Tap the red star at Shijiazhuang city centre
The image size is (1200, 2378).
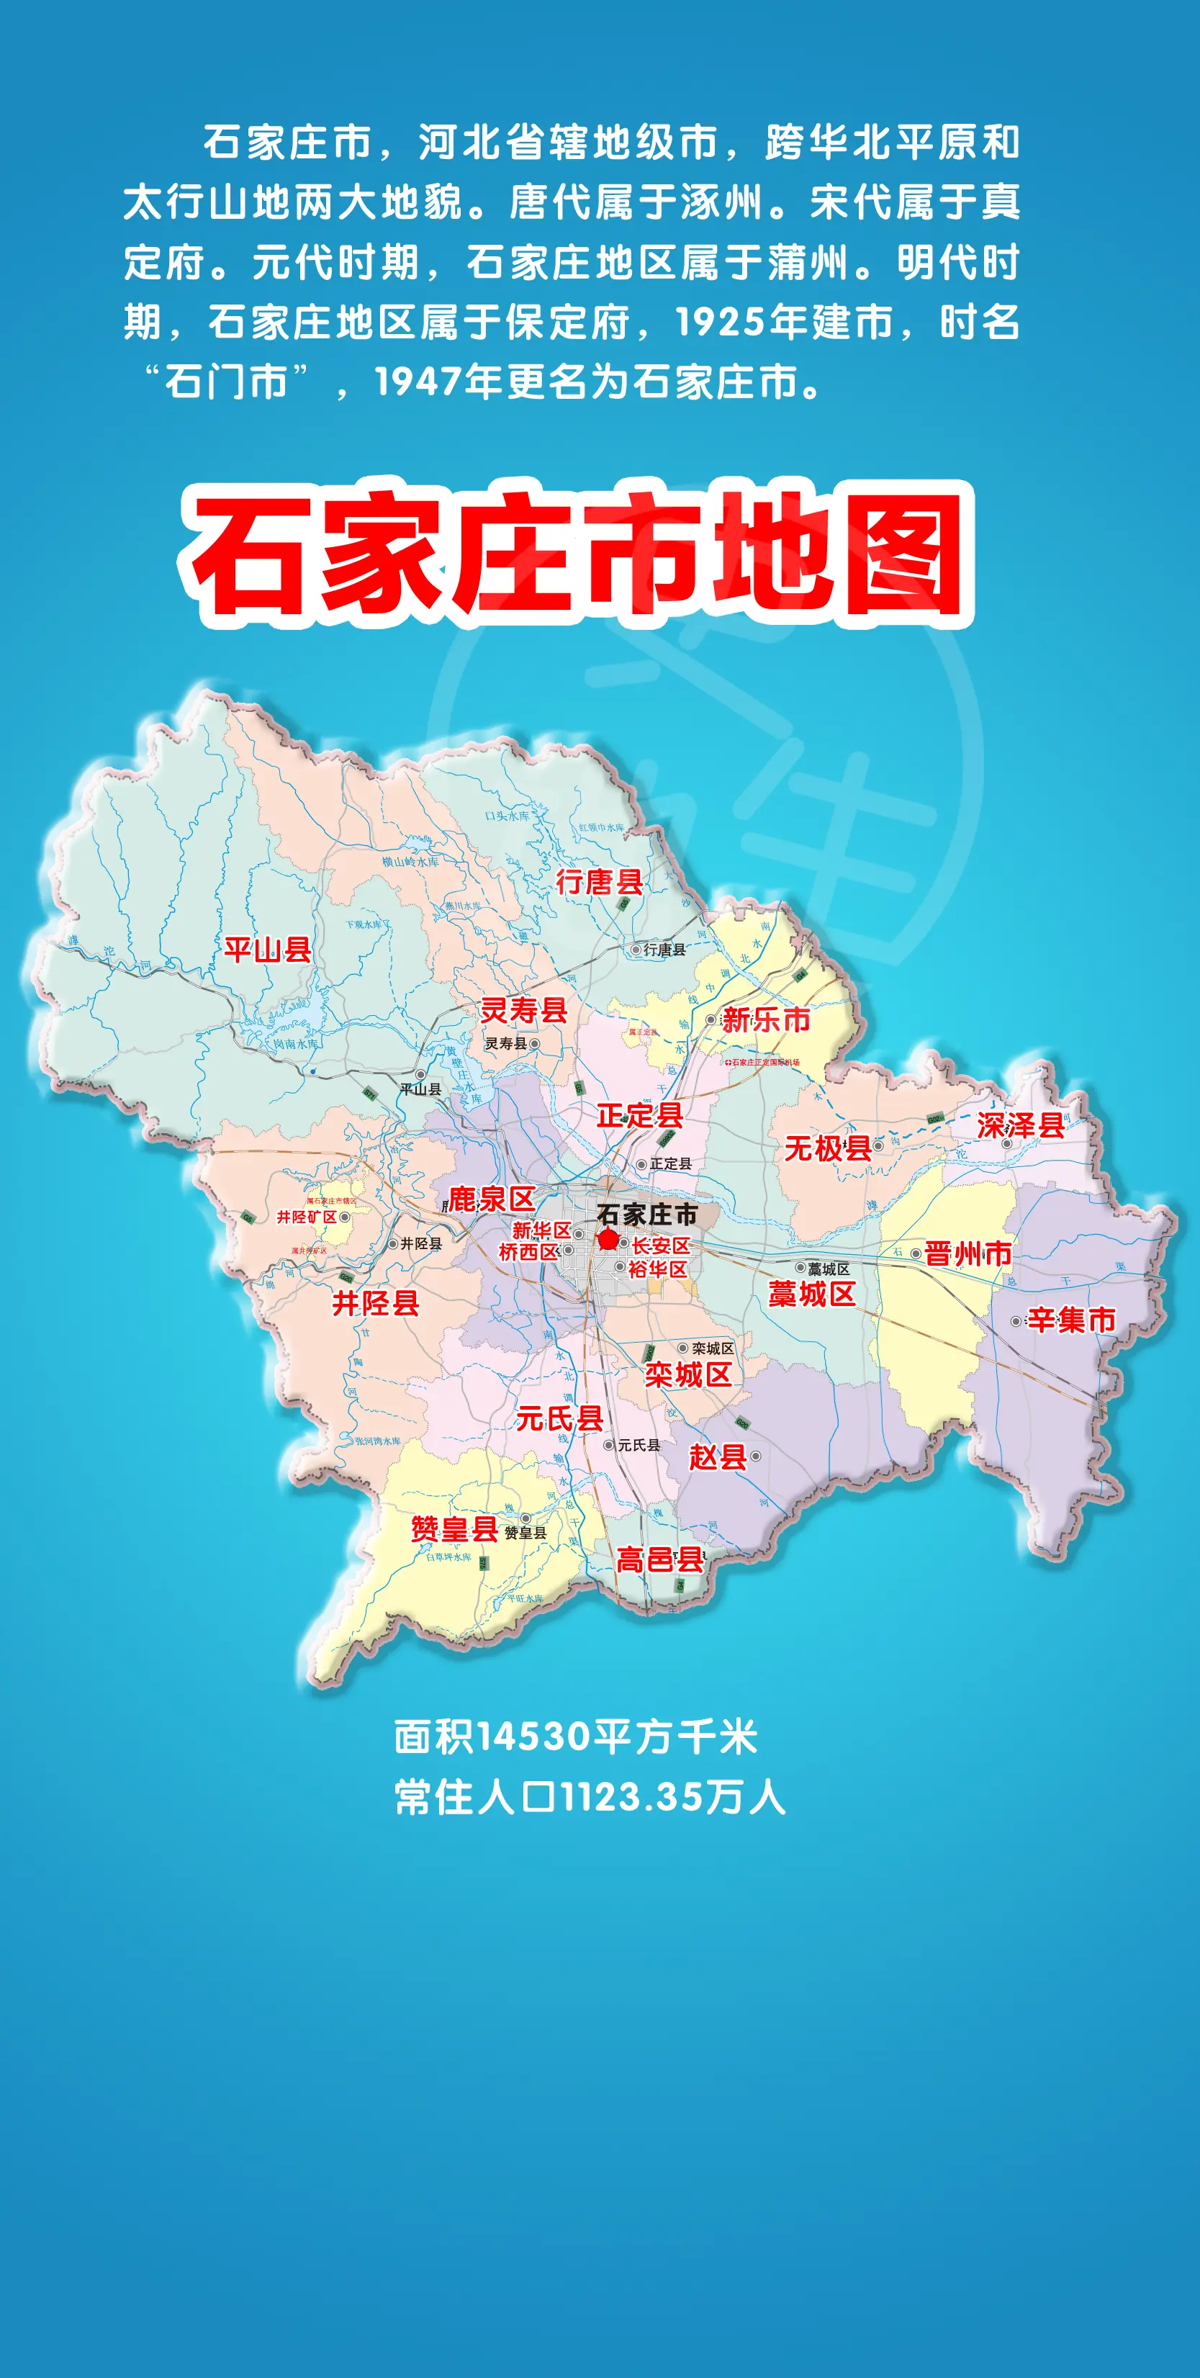608,1240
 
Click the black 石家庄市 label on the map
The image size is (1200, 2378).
646,1214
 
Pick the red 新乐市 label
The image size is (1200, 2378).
766,1019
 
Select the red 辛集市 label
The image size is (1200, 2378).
1070,1320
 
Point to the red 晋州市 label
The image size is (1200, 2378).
967,1253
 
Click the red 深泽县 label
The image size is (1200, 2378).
1020,1125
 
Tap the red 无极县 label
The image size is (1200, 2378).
827,1148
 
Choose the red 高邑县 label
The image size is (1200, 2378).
659,1560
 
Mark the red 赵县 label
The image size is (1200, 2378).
717,1456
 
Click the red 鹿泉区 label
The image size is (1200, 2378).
491,1199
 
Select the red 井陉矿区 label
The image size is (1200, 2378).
307,1217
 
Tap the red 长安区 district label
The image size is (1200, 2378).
660,1246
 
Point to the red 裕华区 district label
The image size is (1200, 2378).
657,1269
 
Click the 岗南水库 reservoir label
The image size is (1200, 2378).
295,1043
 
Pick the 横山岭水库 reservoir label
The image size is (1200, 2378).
411,861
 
